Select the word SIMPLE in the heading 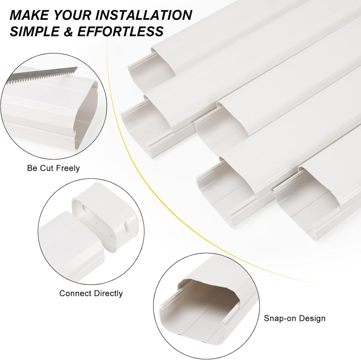(x=35, y=31)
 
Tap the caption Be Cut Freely (x=53, y=168)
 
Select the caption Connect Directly (x=91, y=293)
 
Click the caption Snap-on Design (x=295, y=318)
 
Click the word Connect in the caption (x=74, y=293)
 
